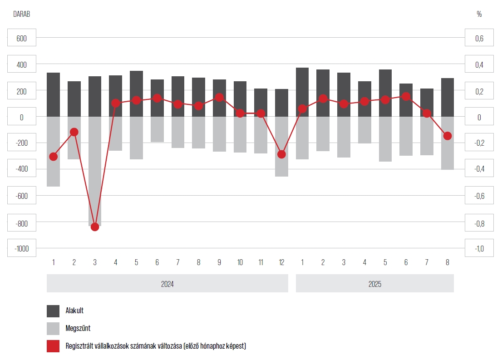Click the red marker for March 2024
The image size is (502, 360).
click(95, 227)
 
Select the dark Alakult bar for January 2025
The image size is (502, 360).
click(302, 92)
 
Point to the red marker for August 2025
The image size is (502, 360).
click(447, 136)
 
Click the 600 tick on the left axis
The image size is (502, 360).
click(22, 39)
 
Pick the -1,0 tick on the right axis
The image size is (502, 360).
click(479, 249)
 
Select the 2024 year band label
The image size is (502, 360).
click(167, 284)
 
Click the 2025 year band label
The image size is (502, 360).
click(374, 284)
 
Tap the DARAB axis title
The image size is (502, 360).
click(21, 14)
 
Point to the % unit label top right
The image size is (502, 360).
click(479, 14)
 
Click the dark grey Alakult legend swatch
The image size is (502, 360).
click(53, 311)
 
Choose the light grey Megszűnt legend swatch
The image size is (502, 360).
click(53, 329)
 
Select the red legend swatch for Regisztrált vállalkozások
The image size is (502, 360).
click(53, 346)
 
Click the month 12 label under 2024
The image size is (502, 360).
click(281, 262)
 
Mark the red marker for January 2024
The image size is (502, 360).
click(54, 157)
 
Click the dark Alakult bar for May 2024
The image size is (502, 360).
click(137, 94)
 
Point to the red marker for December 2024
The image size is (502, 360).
click(281, 154)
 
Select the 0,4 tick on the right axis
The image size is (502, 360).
click(479, 65)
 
